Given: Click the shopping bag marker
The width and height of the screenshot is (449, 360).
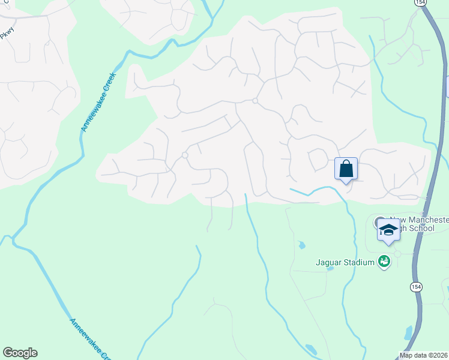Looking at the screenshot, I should coord(346,168).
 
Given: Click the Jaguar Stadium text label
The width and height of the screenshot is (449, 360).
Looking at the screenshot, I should coord(345,262).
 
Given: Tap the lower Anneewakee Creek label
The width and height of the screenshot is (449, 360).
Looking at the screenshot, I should coord(91,337).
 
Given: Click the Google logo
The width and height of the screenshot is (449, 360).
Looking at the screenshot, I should coord(20,353).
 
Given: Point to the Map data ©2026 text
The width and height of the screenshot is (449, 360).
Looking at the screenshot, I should coord(424,355).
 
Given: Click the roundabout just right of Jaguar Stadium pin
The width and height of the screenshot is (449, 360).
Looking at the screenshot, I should coord(397,254).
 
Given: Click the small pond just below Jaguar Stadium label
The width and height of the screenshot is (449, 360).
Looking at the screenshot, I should coord(330,268).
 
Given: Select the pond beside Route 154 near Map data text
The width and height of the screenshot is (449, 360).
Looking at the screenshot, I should coord(408,332).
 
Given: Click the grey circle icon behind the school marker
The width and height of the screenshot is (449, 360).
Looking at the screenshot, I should coord(379,223).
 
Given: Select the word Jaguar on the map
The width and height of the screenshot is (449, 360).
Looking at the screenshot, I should coord(328,262).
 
